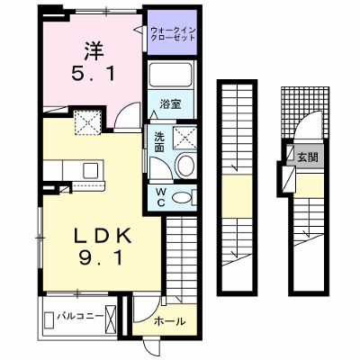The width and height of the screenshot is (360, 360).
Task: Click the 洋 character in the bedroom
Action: [94, 50]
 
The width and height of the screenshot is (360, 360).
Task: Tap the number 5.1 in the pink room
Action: [94, 74]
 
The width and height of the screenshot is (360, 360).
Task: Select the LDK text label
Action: [103, 236]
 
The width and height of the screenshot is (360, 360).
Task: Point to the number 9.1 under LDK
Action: [102, 257]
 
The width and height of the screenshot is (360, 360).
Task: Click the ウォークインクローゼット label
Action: [173, 34]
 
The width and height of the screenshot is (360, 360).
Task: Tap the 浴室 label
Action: [170, 104]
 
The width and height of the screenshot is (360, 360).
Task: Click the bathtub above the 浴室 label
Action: [170, 75]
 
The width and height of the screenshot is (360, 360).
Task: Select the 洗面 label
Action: [159, 142]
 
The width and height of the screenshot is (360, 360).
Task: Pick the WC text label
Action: [161, 197]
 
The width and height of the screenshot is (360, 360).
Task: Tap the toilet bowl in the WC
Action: [182, 197]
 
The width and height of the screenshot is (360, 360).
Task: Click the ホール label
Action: [170, 321]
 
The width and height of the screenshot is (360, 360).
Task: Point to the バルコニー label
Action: [80, 316]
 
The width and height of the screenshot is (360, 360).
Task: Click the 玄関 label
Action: [308, 157]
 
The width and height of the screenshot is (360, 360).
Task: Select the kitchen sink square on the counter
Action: [91, 170]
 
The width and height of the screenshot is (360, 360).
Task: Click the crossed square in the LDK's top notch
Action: [87, 122]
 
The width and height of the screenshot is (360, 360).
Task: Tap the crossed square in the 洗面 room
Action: [185, 138]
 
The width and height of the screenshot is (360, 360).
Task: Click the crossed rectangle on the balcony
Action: [110, 317]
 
